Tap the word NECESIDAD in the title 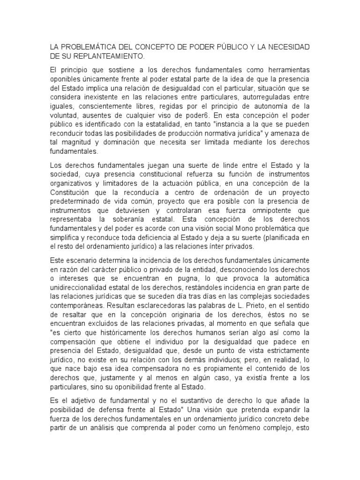tap(286, 47)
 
